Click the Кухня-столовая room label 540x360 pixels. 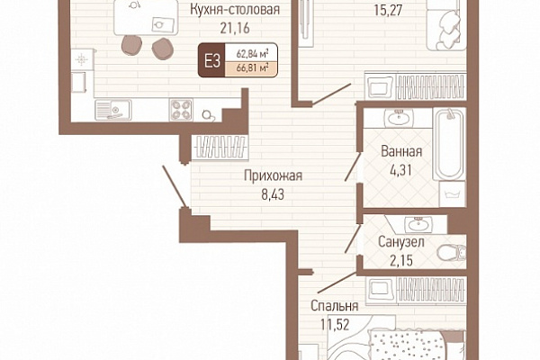235,9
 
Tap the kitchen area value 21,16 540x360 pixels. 235,28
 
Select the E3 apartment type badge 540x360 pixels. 211,60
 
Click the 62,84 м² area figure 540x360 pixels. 252,54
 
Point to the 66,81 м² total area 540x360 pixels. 252,67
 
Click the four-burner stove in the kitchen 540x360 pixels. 181,110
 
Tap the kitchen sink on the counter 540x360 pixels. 113,110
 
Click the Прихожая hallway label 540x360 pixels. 273,175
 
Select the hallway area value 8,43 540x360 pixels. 273,194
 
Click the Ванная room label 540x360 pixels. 401,151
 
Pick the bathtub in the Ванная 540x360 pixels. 449,144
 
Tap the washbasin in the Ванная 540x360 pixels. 399,118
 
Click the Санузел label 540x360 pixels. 400,242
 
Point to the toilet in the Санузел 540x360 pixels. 452,254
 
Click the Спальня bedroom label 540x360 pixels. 335,306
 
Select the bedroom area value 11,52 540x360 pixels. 335,324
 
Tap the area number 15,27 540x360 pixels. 388,10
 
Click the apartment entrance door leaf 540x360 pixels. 175,187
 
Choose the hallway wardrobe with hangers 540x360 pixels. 220,147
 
